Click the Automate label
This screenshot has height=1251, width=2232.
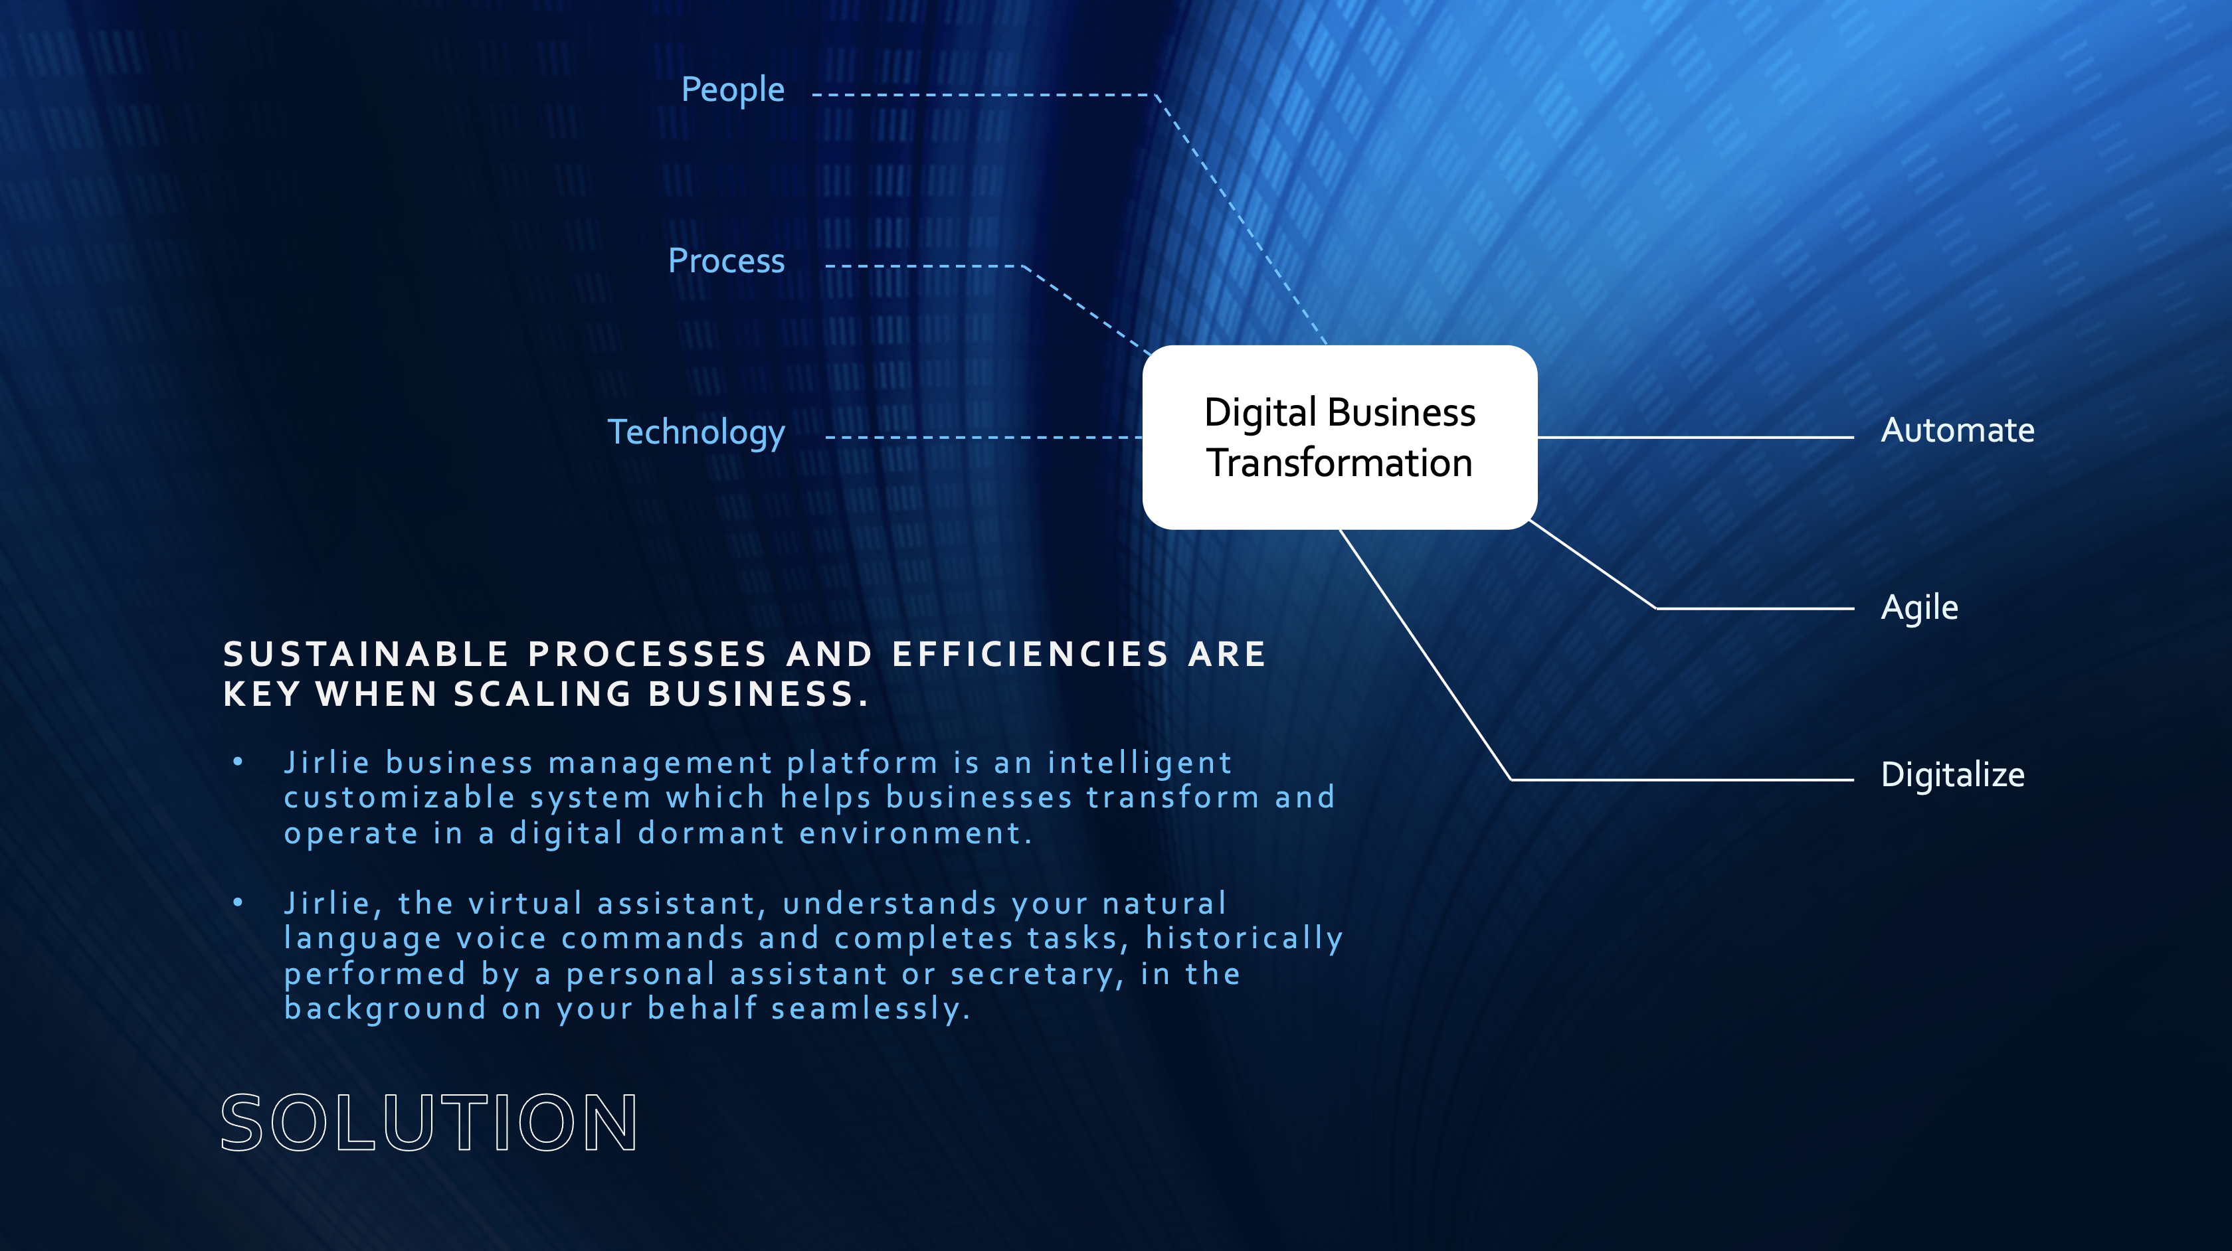pyautogui.click(x=1958, y=430)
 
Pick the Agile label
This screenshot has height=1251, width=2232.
pyautogui.click(x=1919, y=608)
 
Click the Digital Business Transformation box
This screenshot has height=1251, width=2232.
pyautogui.click(x=1340, y=438)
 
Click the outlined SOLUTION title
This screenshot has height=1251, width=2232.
pyautogui.click(x=430, y=1123)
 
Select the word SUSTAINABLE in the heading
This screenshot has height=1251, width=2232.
pyautogui.click(x=365, y=654)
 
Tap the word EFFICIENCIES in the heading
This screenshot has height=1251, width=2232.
pyautogui.click(x=1031, y=654)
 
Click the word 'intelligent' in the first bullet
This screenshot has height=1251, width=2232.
pyautogui.click(x=1139, y=763)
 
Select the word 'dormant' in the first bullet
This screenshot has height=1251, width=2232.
pyautogui.click(x=711, y=833)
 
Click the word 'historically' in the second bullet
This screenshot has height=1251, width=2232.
pyautogui.click(x=1244, y=939)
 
